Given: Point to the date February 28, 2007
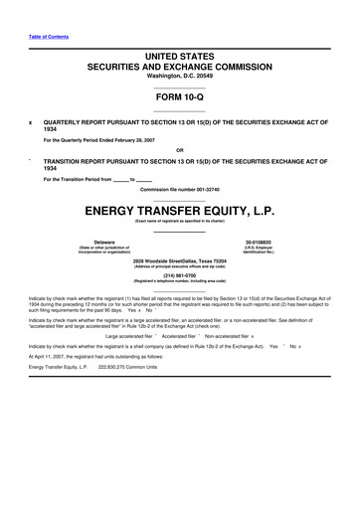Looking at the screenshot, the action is (128, 139).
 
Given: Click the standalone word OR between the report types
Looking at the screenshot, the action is (179, 150).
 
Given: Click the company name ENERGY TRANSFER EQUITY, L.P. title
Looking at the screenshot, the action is (179, 212).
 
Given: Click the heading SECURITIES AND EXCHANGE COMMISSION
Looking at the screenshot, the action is (179, 65).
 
